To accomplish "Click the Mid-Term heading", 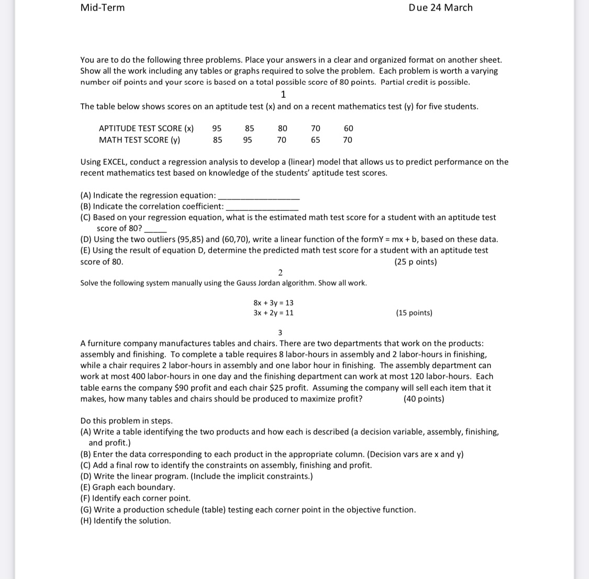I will click(103, 7).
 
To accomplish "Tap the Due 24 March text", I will click(440, 7).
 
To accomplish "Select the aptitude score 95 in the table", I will click(217, 128).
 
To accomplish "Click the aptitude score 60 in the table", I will click(348, 128).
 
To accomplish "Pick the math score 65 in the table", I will click(315, 140).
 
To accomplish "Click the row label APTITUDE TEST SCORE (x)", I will click(146, 128).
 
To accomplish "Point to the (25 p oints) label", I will click(415, 262).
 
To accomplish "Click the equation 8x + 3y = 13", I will click(273, 303).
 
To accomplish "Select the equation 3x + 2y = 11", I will click(273, 313).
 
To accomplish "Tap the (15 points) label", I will click(414, 313).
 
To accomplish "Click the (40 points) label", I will click(424, 399).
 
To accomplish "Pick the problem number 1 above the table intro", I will click(283, 94).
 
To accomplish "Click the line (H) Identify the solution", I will click(126, 520).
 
